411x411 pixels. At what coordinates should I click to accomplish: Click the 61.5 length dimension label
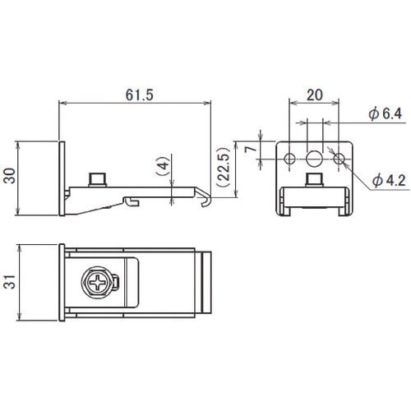pyautogui.click(x=140, y=95)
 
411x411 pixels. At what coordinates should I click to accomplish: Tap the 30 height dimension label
pyautogui.click(x=10, y=176)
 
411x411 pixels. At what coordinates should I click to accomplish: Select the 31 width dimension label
pyautogui.click(x=10, y=282)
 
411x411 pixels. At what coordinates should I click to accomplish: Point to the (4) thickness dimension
pyautogui.click(x=164, y=166)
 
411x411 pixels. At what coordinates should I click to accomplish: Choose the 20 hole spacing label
pyautogui.click(x=315, y=95)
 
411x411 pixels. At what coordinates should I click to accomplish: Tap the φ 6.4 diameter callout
pyautogui.click(x=386, y=114)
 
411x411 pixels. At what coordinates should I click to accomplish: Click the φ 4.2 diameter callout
pyautogui.click(x=389, y=181)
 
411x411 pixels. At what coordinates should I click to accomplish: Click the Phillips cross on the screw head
pyautogui.click(x=98, y=282)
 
